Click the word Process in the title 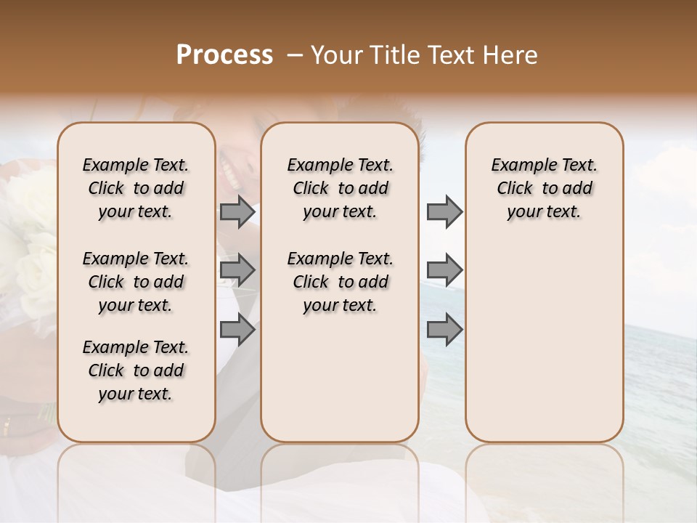(224, 54)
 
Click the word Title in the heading (391, 55)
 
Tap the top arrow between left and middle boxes (237, 211)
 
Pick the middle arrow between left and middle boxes (237, 271)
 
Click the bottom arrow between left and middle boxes (237, 331)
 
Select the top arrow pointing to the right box (444, 211)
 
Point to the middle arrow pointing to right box (444, 270)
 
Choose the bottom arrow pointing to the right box (444, 330)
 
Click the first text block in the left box (136, 188)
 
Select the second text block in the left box (136, 282)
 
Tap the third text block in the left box (136, 370)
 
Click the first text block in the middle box (340, 188)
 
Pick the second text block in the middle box (340, 282)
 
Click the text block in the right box (544, 188)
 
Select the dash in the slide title (294, 54)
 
